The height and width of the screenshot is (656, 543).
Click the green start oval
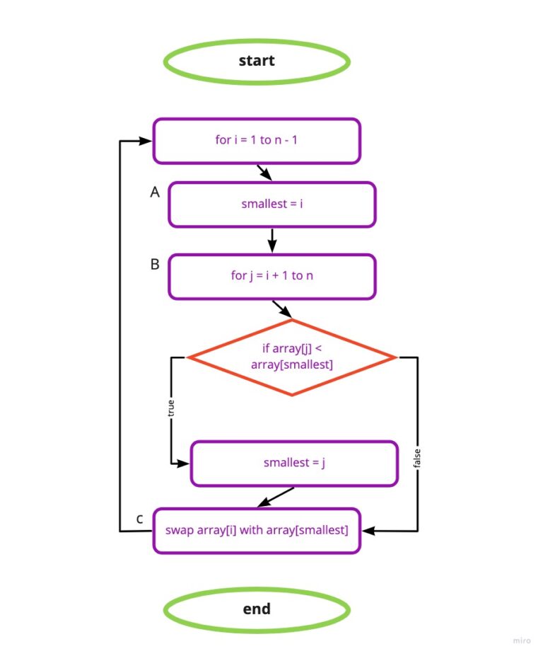pyautogui.click(x=257, y=61)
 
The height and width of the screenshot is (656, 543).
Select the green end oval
pyautogui.click(x=257, y=609)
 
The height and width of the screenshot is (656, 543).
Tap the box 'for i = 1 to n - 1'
pyautogui.click(x=257, y=140)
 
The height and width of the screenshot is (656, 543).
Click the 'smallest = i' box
pyautogui.click(x=271, y=205)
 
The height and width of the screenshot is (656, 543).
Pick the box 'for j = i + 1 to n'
pyautogui.click(x=271, y=275)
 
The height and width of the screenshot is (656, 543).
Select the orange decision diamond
pyautogui.click(x=292, y=357)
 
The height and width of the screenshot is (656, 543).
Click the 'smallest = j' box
pyautogui.click(x=294, y=464)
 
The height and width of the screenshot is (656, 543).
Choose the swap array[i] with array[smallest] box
pyautogui.click(x=257, y=530)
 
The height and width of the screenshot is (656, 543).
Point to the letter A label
pyautogui.click(x=155, y=192)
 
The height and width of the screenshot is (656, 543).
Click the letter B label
pyautogui.click(x=155, y=264)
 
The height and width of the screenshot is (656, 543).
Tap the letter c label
pyautogui.click(x=140, y=519)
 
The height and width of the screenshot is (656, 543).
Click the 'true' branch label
pyautogui.click(x=170, y=410)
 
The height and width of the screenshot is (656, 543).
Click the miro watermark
pyautogui.click(x=521, y=640)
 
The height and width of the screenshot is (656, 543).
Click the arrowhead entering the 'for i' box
pyautogui.click(x=146, y=141)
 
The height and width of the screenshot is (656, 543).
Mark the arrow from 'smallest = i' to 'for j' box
pyautogui.click(x=271, y=240)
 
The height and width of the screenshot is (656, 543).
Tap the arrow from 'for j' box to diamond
pyautogui.click(x=281, y=309)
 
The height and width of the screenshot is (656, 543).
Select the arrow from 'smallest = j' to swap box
pyautogui.click(x=276, y=497)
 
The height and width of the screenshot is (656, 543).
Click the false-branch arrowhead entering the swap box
pyautogui.click(x=367, y=530)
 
